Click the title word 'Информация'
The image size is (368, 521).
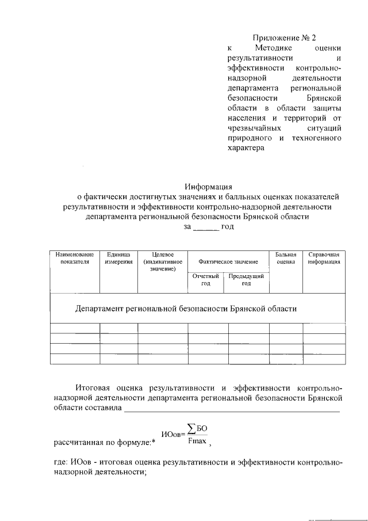[208, 186]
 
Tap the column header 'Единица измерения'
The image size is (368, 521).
[119, 258]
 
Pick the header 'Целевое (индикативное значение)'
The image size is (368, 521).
[163, 261]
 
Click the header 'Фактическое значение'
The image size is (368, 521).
[228, 261]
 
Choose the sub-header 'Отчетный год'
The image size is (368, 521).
[208, 280]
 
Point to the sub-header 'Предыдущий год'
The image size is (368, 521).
[248, 280]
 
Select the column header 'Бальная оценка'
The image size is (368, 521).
[285, 258]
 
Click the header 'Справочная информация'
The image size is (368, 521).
[324, 258]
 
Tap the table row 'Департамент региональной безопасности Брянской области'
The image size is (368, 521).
[186, 309]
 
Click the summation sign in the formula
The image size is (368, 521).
[191, 428]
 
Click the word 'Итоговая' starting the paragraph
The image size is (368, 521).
[94, 386]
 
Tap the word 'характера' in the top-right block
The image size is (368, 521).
[246, 148]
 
